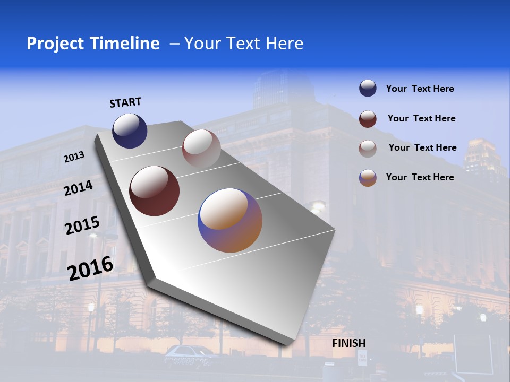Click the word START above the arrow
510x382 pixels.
tap(125, 102)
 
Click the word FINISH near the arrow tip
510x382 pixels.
tap(348, 343)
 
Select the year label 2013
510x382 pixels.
tap(74, 157)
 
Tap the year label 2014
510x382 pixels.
tap(78, 188)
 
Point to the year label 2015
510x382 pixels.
tap(82, 225)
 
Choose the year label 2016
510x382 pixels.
tap(90, 268)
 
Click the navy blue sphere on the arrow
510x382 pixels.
tap(130, 131)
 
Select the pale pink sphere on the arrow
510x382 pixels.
tap(201, 149)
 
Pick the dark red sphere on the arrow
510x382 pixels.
tap(154, 191)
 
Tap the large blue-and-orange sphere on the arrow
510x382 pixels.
tap(230, 220)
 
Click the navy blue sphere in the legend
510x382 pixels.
tap(368, 88)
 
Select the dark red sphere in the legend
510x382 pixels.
tap(368, 119)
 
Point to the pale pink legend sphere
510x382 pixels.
tap(368, 149)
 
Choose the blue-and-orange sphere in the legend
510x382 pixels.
tap(368, 178)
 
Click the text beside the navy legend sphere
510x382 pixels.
tap(420, 89)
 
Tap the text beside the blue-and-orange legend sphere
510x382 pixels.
tap(420, 177)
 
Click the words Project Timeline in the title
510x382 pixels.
tap(93, 44)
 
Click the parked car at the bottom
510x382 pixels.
tap(189, 353)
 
